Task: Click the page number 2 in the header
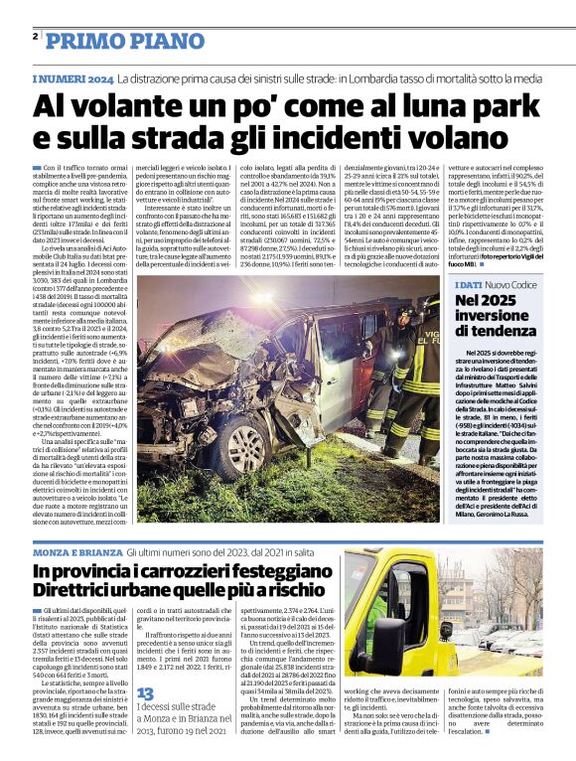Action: click(x=35, y=36)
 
